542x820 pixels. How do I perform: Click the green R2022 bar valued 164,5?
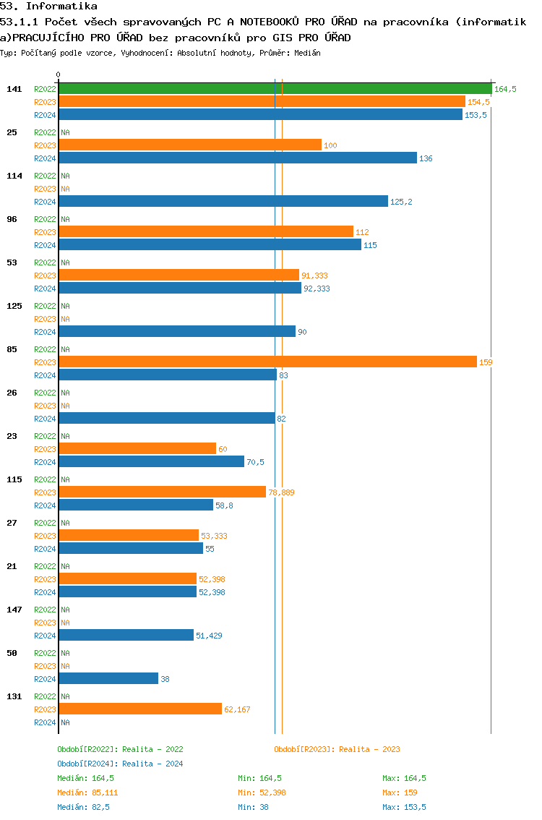pyautogui.click(x=275, y=89)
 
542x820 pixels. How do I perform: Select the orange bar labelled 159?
pyautogui.click(x=267, y=362)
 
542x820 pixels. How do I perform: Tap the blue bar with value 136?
pyautogui.click(x=238, y=158)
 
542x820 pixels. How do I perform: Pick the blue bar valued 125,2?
pyautogui.click(x=223, y=201)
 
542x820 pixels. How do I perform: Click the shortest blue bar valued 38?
pyautogui.click(x=108, y=678)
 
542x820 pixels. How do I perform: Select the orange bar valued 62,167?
pyautogui.click(x=140, y=709)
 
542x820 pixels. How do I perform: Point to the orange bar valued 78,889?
pyautogui.click(x=162, y=492)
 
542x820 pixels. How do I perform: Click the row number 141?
pyautogui.click(x=14, y=89)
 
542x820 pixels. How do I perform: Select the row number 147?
pyautogui.click(x=14, y=610)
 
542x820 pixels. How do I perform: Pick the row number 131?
pyautogui.click(x=14, y=696)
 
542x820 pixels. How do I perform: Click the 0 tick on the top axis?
pyautogui.click(x=59, y=74)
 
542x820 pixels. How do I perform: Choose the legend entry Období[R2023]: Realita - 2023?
pyautogui.click(x=337, y=749)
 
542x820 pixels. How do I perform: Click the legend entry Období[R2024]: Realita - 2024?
pyautogui.click(x=120, y=764)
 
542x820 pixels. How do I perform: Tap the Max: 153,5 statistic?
pyautogui.click(x=404, y=807)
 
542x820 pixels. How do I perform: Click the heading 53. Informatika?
pyautogui.click(x=48, y=6)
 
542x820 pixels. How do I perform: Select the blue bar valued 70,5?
pyautogui.click(x=151, y=461)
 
